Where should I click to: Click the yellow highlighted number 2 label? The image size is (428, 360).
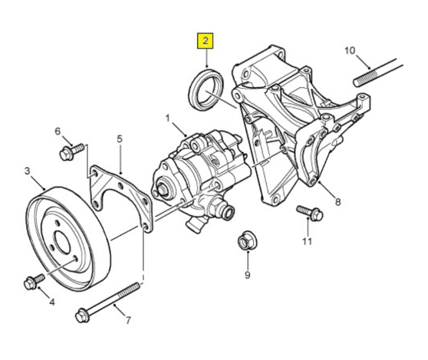click(205, 40)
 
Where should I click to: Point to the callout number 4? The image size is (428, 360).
click(52, 302)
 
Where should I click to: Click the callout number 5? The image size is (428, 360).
click(119, 139)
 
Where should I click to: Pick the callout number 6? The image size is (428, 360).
click(58, 131)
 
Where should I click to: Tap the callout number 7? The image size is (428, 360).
click(128, 320)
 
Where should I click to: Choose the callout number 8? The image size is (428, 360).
click(338, 202)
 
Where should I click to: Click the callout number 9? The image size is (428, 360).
click(247, 275)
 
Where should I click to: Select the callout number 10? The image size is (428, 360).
click(350, 50)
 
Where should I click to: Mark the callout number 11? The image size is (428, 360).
click(308, 241)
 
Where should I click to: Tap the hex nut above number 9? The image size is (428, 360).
click(246, 241)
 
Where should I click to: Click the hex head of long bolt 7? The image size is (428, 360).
click(82, 314)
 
